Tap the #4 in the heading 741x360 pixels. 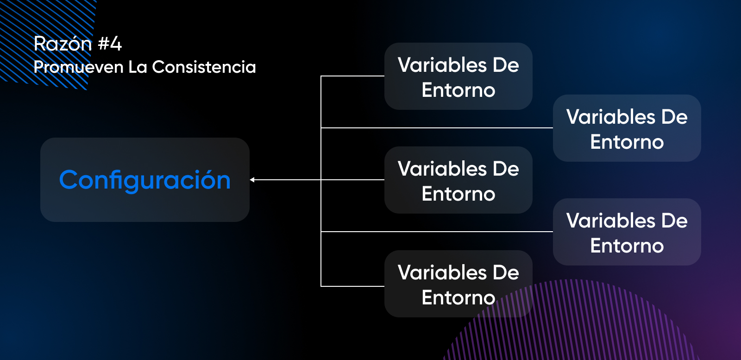(110, 44)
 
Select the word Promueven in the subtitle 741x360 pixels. (78, 67)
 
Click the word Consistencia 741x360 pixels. (204, 67)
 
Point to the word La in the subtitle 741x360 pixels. (138, 67)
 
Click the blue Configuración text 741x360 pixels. (144, 180)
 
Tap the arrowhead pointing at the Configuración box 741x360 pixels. (252, 180)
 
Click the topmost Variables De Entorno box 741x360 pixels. (458, 76)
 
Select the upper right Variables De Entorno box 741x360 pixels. (627, 128)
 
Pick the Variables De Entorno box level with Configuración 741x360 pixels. (458, 180)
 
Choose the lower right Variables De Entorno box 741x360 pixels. (627, 232)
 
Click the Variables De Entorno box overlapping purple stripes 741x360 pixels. (458, 284)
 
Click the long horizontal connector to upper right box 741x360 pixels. (435, 128)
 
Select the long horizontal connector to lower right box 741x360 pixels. (435, 232)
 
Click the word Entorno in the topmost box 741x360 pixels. (458, 90)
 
